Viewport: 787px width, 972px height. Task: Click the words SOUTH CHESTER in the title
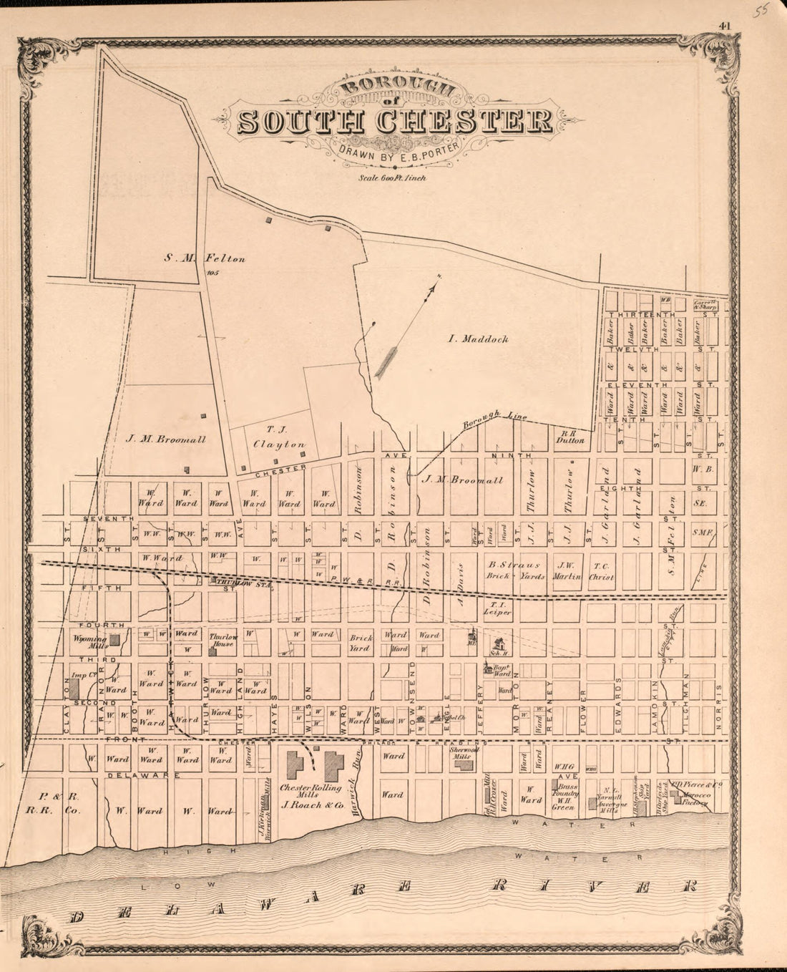[x=394, y=122]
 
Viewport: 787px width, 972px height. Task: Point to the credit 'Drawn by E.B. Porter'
[x=395, y=152]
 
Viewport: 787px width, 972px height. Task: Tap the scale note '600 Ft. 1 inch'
[x=393, y=178]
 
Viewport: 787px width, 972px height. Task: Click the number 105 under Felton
[x=211, y=273]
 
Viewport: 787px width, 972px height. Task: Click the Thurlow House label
[x=223, y=640]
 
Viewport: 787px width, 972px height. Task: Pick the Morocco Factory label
[x=694, y=798]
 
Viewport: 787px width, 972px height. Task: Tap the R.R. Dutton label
[x=572, y=437]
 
